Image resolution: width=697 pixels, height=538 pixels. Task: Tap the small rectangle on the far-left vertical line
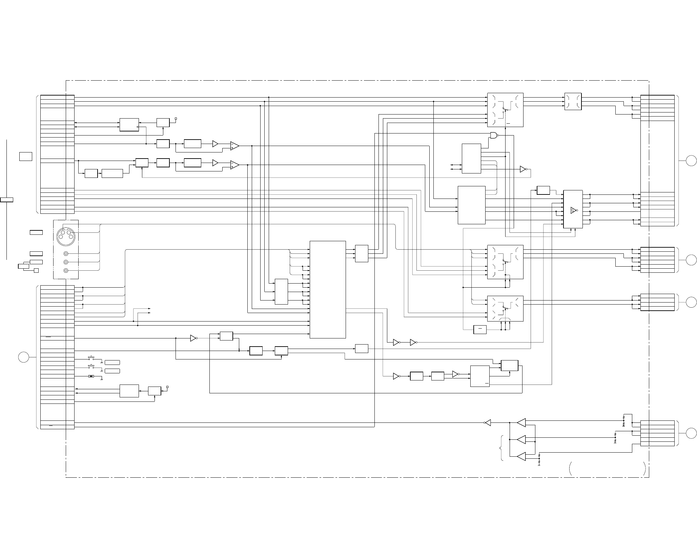(6, 200)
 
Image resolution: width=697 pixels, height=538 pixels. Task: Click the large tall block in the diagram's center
(328, 289)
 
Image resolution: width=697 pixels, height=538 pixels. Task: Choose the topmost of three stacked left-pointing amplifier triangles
(521, 422)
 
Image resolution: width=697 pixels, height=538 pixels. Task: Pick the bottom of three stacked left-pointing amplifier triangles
(521, 456)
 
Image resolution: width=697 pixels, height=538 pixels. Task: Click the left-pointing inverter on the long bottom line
(488, 422)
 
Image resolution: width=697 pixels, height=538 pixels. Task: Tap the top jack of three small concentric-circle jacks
(66, 254)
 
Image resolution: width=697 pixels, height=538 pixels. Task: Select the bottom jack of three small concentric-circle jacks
(66, 270)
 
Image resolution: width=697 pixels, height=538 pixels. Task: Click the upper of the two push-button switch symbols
(91, 358)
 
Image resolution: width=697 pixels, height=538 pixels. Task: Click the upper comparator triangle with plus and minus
(234, 146)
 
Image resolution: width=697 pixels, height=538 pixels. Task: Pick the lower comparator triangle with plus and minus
(234, 165)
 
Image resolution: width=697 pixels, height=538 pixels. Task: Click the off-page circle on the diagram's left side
(23, 357)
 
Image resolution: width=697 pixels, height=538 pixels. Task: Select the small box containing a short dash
(479, 329)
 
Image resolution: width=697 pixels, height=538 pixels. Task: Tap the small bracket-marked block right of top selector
(573, 101)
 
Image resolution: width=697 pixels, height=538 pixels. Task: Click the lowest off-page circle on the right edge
(691, 433)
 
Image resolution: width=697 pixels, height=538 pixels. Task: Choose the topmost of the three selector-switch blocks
(505, 110)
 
